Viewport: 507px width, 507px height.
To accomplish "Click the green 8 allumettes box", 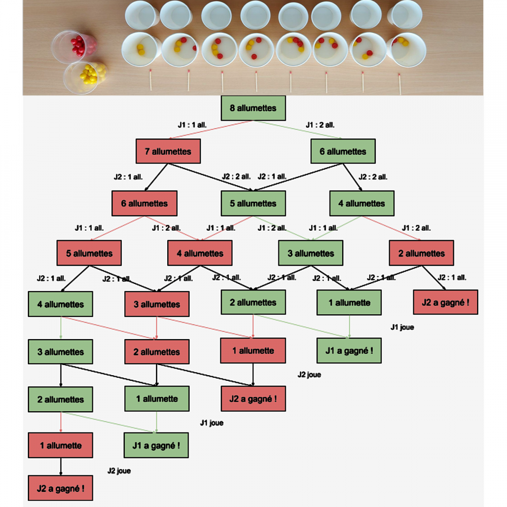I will (x=253, y=108).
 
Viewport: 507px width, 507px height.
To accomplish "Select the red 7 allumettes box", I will (x=168, y=152).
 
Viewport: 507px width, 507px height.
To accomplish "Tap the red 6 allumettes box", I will (x=144, y=203).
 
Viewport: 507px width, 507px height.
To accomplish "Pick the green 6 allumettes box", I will (x=343, y=152).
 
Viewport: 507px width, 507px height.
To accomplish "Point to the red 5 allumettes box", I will (x=89, y=253).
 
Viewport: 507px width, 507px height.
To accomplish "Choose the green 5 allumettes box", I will (x=253, y=203).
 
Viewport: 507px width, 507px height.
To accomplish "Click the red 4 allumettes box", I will (x=200, y=253).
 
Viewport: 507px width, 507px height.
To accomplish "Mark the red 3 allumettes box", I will (x=157, y=304).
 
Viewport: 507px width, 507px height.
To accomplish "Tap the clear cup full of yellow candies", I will (x=85, y=77).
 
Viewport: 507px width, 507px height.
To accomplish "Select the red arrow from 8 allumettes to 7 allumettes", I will (x=210, y=130).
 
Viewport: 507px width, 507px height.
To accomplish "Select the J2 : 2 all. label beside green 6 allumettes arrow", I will (x=373, y=177).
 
